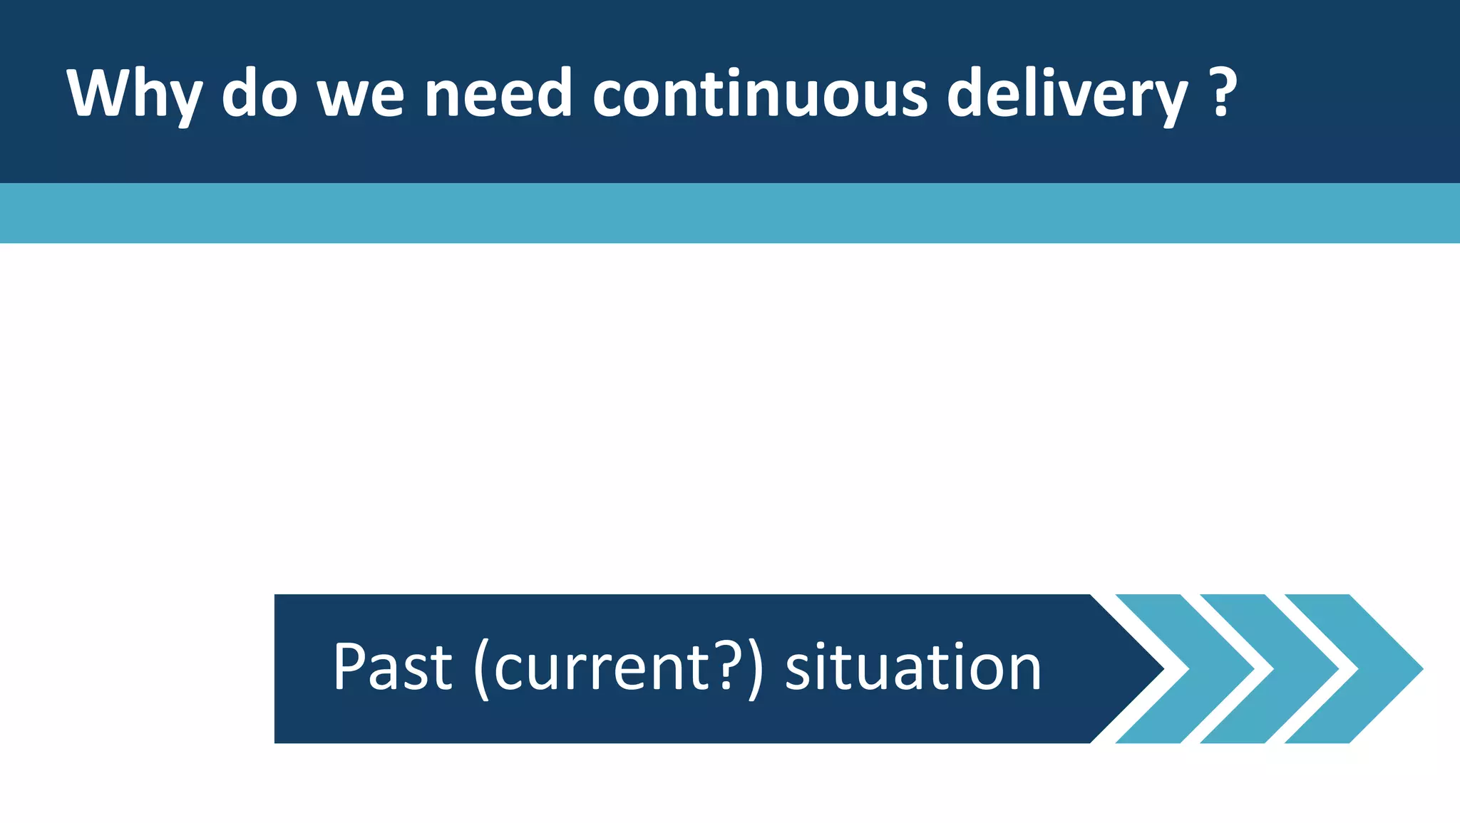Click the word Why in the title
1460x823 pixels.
tap(134, 95)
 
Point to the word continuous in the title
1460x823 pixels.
tap(760, 95)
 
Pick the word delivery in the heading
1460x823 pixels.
tap(1067, 95)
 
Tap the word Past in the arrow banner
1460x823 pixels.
tap(392, 668)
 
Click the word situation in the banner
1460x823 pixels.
tap(913, 668)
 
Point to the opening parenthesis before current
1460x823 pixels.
tap(482, 669)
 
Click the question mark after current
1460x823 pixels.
tap(726, 666)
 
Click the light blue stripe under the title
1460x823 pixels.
tap(730, 213)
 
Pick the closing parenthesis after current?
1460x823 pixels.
tap(755, 669)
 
